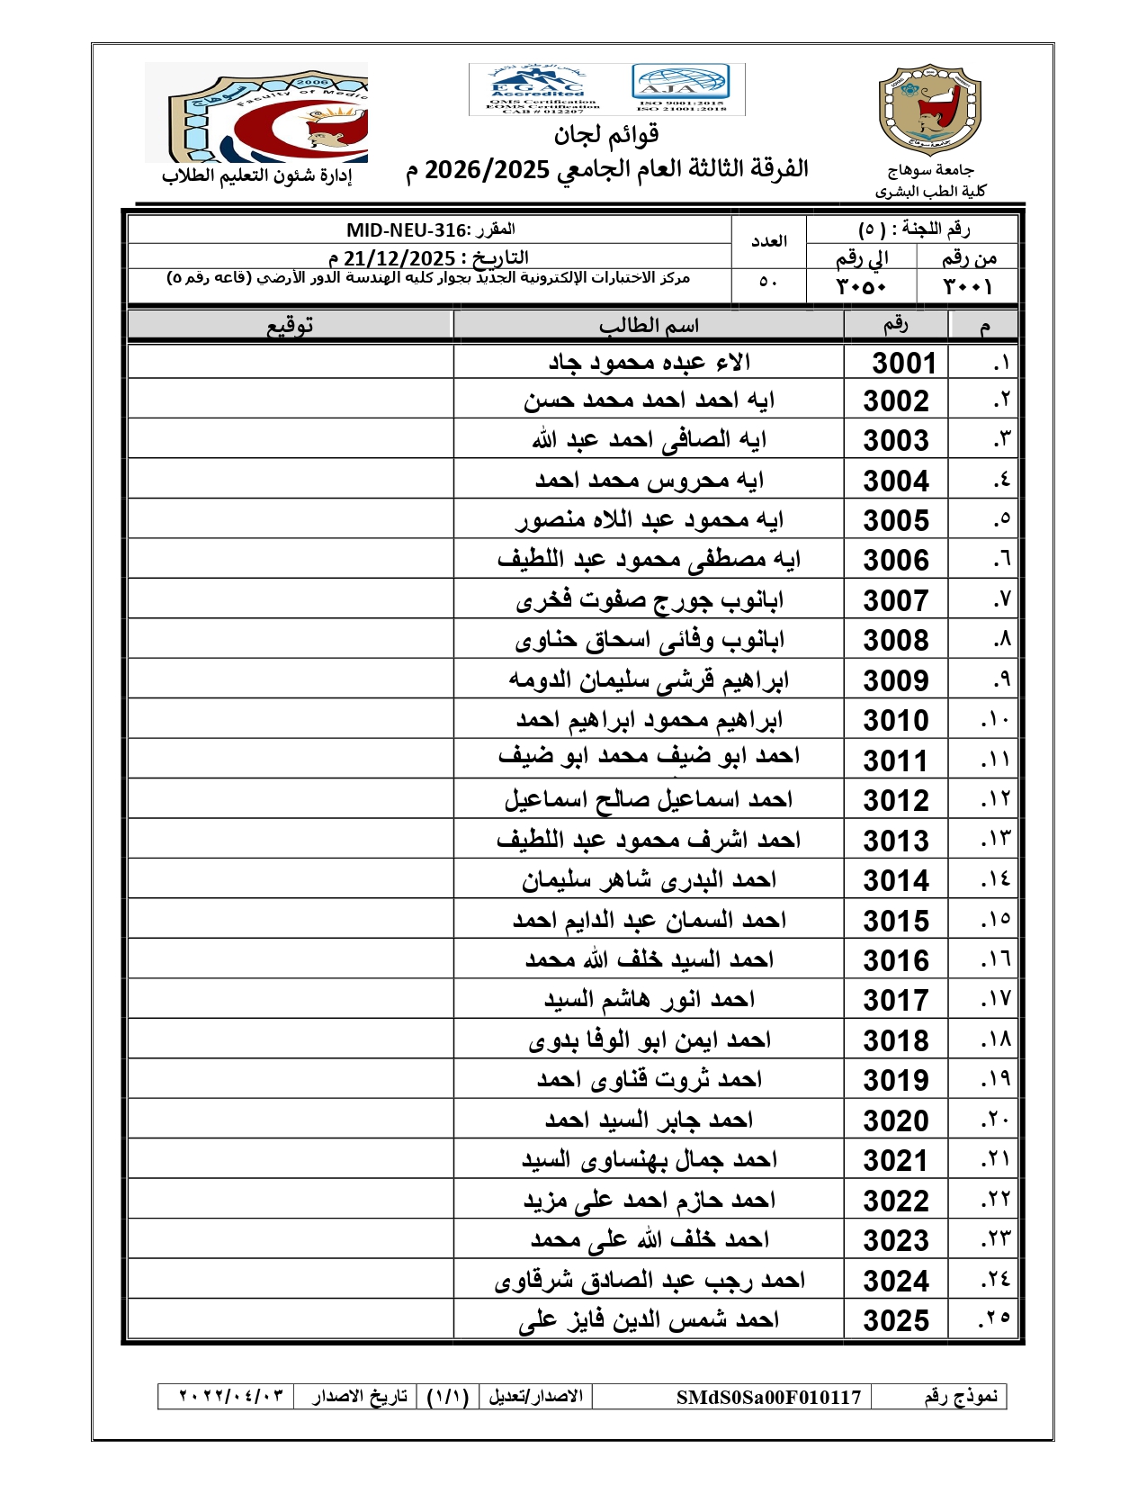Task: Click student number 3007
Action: point(895,600)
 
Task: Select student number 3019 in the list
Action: point(895,1080)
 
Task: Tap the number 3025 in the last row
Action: point(895,1320)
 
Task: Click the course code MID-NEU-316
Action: point(407,230)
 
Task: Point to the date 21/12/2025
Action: point(399,258)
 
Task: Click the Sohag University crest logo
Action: point(929,109)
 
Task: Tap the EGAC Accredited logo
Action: point(538,88)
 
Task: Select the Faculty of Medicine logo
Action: point(256,112)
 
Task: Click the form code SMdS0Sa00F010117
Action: point(768,1397)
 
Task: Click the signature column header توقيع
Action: point(290,325)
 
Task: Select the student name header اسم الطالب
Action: point(649,325)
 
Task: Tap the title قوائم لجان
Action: point(606,135)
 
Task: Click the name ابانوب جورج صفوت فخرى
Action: point(650,600)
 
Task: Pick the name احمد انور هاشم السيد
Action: point(650,1000)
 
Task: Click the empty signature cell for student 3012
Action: point(290,800)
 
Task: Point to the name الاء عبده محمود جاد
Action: point(650,362)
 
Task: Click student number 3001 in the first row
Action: point(904,363)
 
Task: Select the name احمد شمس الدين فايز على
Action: point(650,1320)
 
